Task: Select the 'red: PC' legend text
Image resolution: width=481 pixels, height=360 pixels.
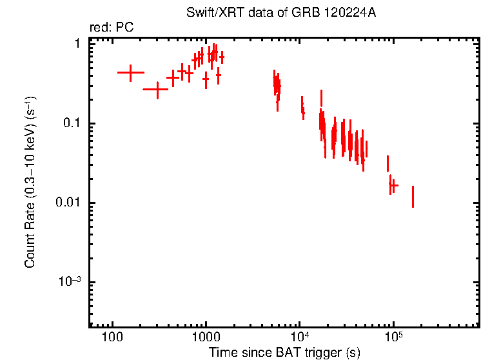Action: click(112, 28)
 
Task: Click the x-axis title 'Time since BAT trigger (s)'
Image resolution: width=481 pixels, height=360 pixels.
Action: click(284, 352)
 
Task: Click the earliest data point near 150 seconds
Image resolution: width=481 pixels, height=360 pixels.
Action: click(131, 73)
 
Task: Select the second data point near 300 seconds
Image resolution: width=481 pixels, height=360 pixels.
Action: click(157, 90)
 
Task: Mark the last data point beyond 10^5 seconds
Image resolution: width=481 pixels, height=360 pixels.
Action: click(413, 197)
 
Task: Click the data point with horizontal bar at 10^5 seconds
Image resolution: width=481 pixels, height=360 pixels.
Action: click(393, 186)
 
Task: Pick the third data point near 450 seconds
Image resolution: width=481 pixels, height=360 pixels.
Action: click(173, 77)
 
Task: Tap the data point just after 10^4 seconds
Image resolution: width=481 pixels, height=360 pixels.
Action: click(302, 110)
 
